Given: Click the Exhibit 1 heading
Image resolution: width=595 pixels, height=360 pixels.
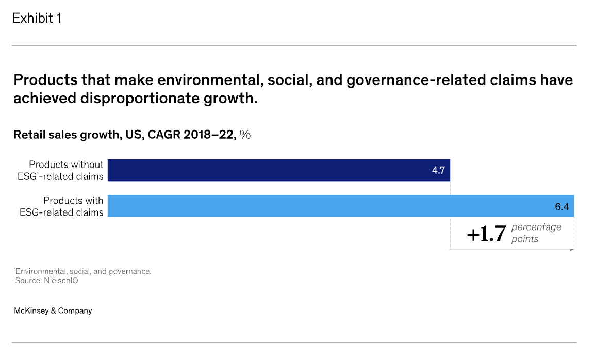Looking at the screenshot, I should (x=37, y=18).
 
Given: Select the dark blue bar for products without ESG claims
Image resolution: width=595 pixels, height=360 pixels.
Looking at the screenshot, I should (x=278, y=170).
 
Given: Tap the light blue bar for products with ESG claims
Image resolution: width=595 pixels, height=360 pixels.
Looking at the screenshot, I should (x=340, y=206).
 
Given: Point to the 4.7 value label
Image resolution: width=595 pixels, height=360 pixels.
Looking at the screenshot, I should (x=438, y=171).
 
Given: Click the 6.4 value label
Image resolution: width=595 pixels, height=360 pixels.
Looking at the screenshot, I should (x=561, y=207).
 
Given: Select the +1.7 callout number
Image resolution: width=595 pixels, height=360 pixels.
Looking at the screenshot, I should (x=486, y=234).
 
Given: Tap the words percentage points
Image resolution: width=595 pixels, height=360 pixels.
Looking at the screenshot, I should (x=536, y=233).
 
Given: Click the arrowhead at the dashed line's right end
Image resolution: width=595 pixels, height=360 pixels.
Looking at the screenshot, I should (x=572, y=250).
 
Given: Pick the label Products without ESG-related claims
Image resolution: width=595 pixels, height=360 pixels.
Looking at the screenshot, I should (x=61, y=171).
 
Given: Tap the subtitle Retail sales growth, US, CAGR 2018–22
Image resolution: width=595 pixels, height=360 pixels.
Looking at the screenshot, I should (x=124, y=135).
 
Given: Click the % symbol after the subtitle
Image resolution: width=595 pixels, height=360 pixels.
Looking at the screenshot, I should (x=245, y=135).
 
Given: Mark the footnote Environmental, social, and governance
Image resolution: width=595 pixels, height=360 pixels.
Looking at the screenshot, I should (x=83, y=271).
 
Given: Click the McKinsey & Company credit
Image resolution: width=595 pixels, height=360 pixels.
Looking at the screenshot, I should (x=53, y=310).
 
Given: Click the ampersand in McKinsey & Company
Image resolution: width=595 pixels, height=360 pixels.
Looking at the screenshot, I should (x=53, y=310).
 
